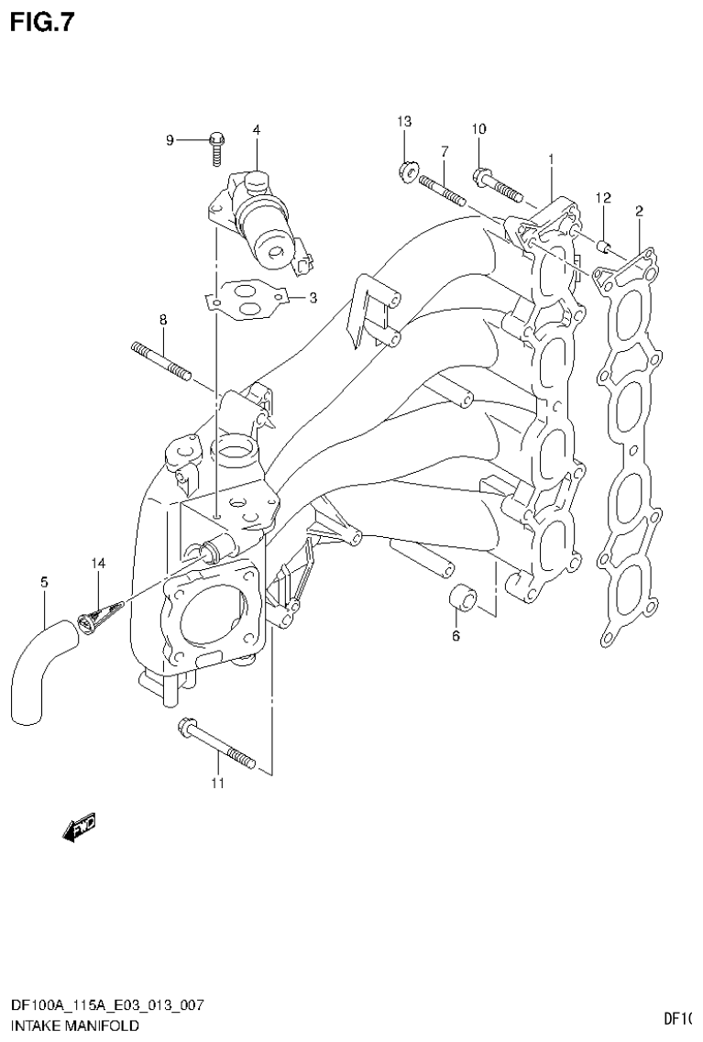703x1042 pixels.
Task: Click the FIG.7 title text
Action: [40, 21]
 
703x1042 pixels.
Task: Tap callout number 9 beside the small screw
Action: [170, 139]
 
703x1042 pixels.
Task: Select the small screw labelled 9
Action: [216, 145]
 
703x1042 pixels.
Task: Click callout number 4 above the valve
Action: [257, 130]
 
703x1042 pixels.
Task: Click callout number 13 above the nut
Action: [404, 122]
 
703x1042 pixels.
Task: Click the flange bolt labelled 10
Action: [499, 183]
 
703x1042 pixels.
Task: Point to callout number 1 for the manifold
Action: [551, 159]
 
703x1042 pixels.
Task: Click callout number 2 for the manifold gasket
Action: [638, 212]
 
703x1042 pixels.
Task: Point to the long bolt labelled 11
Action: [216, 743]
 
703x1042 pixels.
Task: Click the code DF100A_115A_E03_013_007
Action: [106, 1006]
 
